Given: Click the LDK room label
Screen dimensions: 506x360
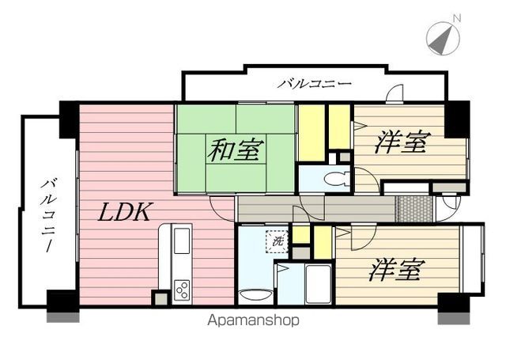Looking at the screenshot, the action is point(124,212).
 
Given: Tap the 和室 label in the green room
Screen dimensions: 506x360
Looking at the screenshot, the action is point(236,150).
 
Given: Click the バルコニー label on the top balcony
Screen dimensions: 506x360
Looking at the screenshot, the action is point(315,85).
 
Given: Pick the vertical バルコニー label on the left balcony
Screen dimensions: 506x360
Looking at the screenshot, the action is point(47,215).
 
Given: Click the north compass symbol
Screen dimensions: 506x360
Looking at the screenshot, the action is point(443,38).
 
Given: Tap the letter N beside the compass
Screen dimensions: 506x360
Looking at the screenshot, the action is point(457,18).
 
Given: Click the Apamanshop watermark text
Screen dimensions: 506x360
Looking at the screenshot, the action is point(253,320).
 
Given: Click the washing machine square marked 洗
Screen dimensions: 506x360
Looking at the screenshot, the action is point(277,241).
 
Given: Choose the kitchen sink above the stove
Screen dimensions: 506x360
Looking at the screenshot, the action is point(182,241).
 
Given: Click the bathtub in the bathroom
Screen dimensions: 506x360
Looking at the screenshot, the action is point(318,284).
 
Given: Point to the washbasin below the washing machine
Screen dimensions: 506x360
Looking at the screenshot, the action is point(255,295).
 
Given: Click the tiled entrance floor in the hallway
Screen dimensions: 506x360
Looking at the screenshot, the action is point(415,209).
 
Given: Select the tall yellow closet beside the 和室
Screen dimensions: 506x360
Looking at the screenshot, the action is point(312,133).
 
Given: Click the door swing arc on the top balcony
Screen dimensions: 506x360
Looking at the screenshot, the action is point(395,93).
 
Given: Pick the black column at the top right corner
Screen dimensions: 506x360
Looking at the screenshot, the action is point(457,119).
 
